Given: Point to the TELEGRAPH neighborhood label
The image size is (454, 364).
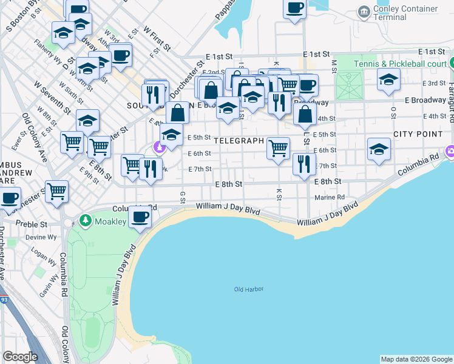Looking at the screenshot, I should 238,141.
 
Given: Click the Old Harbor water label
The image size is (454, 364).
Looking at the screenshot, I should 249,289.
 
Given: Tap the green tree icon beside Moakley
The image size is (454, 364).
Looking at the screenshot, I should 86,221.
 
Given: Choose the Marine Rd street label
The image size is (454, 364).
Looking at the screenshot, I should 330,197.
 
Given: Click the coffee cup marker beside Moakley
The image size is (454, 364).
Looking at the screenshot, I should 140,217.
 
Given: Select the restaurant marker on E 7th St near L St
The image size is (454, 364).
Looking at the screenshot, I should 304,163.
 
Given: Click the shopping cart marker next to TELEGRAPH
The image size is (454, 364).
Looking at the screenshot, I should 278,147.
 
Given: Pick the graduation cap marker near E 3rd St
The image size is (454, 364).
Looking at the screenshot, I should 388,79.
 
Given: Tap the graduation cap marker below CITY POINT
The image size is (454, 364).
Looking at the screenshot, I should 379,149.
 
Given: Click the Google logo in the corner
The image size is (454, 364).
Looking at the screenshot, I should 20,357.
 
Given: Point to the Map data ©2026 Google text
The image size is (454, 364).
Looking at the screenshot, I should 416,359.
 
